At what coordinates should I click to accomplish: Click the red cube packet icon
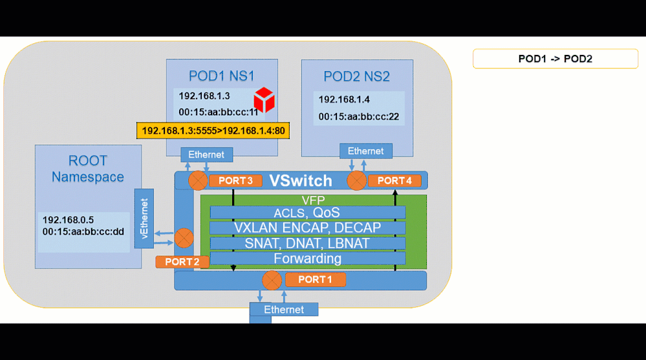pos(264,100)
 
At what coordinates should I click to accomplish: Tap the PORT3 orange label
pos(235,181)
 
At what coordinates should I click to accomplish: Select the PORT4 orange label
pos(394,181)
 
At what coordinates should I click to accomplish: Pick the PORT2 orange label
pos(182,262)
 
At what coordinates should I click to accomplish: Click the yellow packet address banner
pos(213,131)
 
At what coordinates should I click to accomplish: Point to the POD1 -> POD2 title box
pos(555,59)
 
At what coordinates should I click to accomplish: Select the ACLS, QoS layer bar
pos(307,213)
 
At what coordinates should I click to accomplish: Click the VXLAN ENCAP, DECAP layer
pos(307,228)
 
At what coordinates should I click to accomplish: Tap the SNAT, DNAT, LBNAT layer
pos(307,243)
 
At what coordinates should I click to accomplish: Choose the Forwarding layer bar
pos(307,259)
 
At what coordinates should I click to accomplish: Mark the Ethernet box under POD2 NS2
pos(365,151)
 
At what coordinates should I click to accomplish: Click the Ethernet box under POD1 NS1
pos(206,154)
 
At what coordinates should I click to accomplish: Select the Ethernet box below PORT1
pos(284,310)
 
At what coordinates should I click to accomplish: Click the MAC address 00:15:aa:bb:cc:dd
pos(83,231)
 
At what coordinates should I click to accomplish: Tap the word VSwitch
pos(300,180)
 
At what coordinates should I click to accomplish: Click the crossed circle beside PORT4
pos(356,181)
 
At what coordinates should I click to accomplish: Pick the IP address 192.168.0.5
pos(68,220)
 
